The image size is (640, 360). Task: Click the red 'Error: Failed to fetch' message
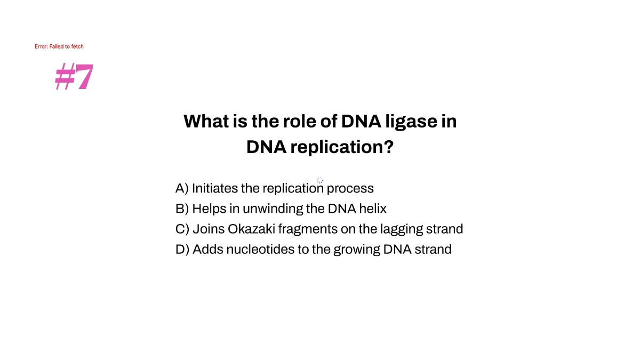(x=59, y=46)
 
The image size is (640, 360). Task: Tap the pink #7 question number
(x=74, y=77)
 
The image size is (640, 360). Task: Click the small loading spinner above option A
(x=320, y=180)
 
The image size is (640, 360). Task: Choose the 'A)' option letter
(x=182, y=188)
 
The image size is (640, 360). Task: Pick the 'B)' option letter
(x=182, y=209)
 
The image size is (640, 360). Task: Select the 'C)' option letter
(x=182, y=229)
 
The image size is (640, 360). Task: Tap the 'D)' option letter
(x=182, y=249)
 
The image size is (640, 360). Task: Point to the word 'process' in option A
(x=350, y=188)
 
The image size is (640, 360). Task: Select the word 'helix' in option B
(x=372, y=209)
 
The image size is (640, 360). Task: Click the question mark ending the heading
(x=388, y=147)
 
